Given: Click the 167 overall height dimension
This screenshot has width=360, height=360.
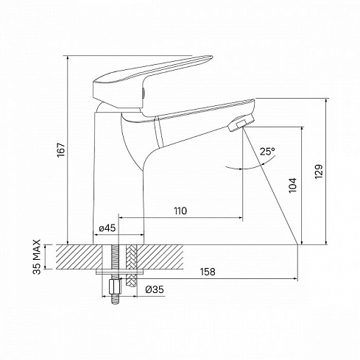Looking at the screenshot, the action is point(61,149).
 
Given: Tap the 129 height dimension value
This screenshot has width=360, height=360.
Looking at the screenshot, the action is point(319,172).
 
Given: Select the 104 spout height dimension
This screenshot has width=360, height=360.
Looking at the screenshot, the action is point(293,185).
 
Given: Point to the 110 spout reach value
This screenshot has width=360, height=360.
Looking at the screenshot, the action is point(180,211).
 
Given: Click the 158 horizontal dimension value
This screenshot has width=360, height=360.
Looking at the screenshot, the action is point(208,272).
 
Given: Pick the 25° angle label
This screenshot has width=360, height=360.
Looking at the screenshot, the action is point(267,152).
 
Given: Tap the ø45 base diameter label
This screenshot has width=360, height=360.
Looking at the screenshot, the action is point(107,228).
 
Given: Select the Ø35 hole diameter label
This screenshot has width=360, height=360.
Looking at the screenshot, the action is point(155,289).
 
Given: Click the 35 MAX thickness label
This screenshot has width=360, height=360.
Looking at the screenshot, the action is point(37,257).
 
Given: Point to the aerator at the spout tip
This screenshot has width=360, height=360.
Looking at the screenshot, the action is point(241,123).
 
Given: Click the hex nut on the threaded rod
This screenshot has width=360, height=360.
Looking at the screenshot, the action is point(116,286).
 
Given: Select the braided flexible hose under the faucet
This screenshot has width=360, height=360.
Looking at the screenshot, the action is point(131,265).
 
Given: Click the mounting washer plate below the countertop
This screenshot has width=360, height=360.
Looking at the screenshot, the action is point(120,272).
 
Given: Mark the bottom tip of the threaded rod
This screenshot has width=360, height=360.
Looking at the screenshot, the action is point(115,304).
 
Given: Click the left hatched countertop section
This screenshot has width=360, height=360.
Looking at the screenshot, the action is point(79,257).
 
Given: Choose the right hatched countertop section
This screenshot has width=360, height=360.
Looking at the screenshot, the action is point(160,257).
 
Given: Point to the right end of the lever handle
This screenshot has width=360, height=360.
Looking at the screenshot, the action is point(211,57).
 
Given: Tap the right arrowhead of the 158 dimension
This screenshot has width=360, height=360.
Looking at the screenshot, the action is point(295,279).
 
